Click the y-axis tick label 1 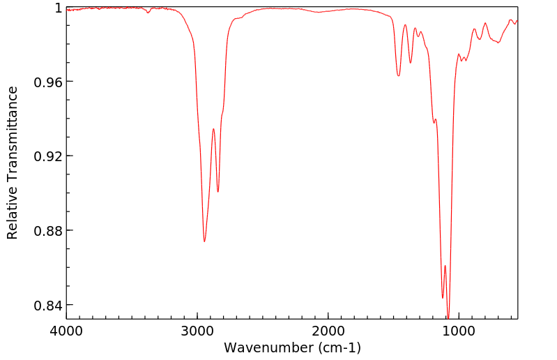[x=58, y=8]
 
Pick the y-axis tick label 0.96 [x=49, y=82]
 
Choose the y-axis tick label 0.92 [x=49, y=156]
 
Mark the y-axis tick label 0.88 [x=49, y=230]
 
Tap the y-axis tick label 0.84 [x=49, y=305]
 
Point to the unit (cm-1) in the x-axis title [x=337, y=347]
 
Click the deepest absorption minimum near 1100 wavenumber [x=448, y=317]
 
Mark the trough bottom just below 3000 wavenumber [x=204, y=241]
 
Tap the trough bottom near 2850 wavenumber [x=218, y=192]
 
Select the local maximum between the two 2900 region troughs [x=213, y=129]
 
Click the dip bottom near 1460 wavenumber [x=398, y=75]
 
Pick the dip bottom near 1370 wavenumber [x=411, y=63]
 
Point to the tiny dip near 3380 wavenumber [x=148, y=13]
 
